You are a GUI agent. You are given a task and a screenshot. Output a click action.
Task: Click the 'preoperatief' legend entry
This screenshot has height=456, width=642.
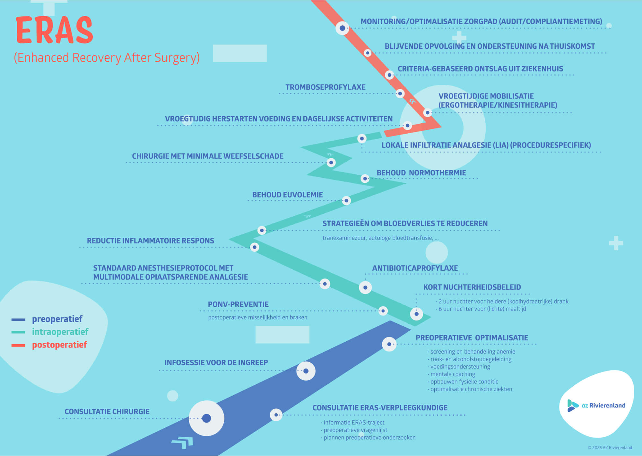pyautogui.click(x=57, y=319)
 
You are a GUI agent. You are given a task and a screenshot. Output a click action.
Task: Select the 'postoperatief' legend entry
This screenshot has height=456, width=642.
pyautogui.click(x=59, y=345)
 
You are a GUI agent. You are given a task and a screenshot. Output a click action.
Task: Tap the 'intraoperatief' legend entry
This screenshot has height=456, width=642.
pyautogui.click(x=60, y=332)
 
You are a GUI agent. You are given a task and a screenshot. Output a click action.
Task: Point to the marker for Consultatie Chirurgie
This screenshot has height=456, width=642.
pyautogui.click(x=206, y=418)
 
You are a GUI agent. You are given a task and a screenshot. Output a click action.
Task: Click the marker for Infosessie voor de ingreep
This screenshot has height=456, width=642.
pyautogui.click(x=306, y=371)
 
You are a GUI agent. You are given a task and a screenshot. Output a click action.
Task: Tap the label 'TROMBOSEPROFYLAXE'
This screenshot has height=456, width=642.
pyautogui.click(x=325, y=87)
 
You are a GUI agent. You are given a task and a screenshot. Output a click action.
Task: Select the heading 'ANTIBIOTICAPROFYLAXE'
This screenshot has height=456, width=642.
pyautogui.click(x=415, y=268)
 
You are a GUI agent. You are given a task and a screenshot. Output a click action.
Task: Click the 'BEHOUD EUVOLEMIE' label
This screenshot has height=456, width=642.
pyautogui.click(x=287, y=195)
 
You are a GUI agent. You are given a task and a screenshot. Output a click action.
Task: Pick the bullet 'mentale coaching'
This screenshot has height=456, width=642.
pyautogui.click(x=453, y=374)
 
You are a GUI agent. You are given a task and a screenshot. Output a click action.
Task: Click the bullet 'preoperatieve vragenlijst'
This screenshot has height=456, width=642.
pyautogui.click(x=355, y=430)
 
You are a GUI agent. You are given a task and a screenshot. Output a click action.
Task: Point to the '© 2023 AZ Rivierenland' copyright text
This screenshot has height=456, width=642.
pyautogui.click(x=610, y=448)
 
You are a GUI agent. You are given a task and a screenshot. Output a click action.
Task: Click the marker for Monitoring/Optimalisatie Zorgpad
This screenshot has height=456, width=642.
pyautogui.click(x=342, y=28)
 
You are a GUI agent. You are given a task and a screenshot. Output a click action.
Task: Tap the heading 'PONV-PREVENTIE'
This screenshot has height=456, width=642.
pyautogui.click(x=238, y=304)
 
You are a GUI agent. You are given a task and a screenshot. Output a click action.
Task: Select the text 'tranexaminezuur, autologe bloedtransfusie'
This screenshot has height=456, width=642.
pyautogui.click(x=377, y=238)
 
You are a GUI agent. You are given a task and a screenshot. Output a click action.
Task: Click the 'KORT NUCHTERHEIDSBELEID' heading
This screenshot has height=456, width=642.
pyautogui.click(x=472, y=287)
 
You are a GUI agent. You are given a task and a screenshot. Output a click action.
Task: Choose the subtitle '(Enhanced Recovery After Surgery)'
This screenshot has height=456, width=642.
pyautogui.click(x=107, y=58)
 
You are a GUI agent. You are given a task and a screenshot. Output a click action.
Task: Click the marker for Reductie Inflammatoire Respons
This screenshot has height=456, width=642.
pyautogui.click(x=255, y=247)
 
